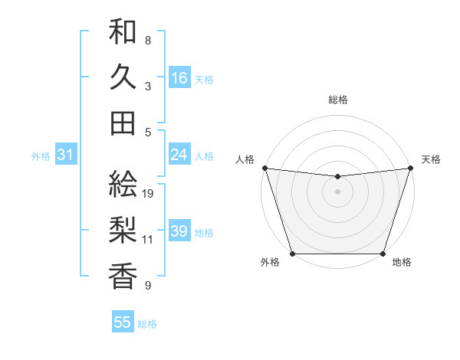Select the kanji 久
pos(123,77)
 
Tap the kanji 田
pos(123,123)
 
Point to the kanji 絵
pos(123,184)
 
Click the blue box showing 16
pos(179,77)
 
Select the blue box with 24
pos(179,155)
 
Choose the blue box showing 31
pos(65,155)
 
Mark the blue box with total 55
pos(123,322)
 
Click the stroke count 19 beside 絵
pos(149,193)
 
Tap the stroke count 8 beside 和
pos(148,40)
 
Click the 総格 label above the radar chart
pos(337,100)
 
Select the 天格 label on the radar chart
pos(431,159)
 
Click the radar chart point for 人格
pos(264,168)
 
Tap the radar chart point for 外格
pos(292,254)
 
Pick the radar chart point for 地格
pos(383,254)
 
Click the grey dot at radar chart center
pos(337,191)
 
